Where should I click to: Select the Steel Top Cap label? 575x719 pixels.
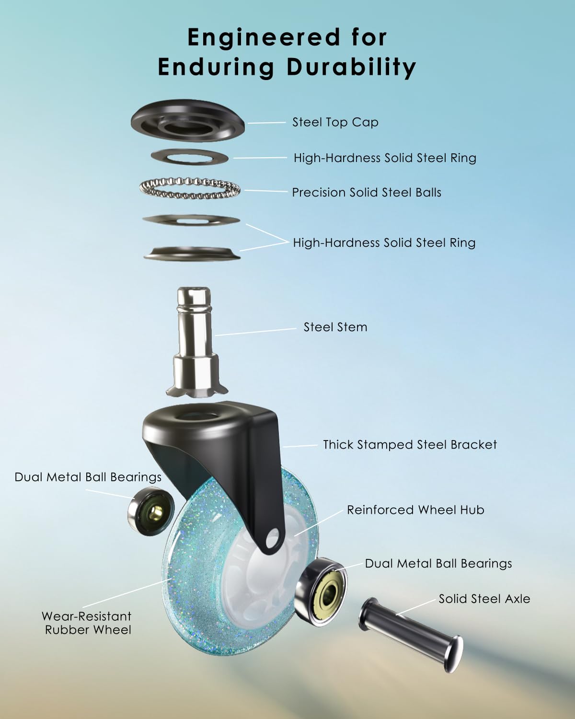(335, 122)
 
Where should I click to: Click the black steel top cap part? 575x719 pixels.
(187, 121)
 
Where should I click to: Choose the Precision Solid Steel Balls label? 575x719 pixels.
(367, 192)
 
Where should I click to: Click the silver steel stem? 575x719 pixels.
(196, 342)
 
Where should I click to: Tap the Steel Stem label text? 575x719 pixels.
(335, 327)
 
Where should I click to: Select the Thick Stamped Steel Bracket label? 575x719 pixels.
(410, 445)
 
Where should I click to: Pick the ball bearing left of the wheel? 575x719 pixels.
(151, 511)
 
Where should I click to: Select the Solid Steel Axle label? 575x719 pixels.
(484, 599)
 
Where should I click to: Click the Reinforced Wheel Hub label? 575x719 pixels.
(415, 510)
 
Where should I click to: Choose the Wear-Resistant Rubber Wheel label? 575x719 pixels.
(87, 623)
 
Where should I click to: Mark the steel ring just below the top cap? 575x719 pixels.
(189, 157)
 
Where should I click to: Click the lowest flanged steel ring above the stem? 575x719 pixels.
(192, 254)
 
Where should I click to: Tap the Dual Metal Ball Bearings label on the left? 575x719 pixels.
(88, 477)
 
